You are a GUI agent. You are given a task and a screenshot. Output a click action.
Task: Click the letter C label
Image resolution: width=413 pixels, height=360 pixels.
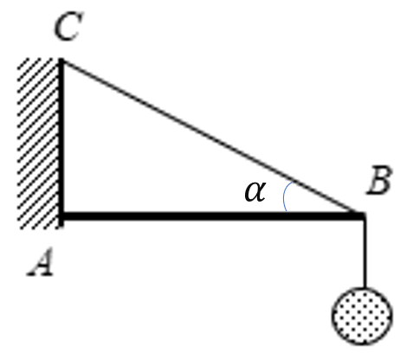click(x=68, y=26)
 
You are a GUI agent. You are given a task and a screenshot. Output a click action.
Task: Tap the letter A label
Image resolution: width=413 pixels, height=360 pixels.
click(x=41, y=261)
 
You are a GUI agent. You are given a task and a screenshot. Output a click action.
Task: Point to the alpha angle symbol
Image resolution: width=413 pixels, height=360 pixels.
click(x=255, y=191)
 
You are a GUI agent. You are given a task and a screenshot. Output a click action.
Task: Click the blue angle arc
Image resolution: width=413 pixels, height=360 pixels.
click(x=283, y=196)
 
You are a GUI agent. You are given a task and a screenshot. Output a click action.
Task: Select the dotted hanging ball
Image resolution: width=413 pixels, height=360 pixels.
click(x=362, y=316)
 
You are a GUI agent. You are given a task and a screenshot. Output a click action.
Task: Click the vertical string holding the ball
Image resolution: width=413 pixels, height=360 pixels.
click(x=365, y=254)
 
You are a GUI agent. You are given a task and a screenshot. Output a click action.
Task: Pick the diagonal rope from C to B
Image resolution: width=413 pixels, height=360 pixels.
click(x=212, y=137)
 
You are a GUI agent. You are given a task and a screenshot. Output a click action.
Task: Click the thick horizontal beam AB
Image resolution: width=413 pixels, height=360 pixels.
click(x=213, y=215)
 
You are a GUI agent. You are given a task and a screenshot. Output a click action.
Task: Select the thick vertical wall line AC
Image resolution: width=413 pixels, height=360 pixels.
click(x=61, y=143)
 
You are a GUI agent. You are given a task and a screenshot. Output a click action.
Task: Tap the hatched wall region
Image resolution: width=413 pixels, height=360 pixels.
click(x=38, y=144)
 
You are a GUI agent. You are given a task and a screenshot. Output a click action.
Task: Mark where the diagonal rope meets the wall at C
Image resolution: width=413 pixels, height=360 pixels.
click(x=61, y=61)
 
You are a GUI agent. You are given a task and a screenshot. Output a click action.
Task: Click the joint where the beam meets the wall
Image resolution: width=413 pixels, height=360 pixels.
click(x=61, y=215)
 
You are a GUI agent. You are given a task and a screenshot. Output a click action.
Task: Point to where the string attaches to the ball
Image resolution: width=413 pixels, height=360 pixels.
click(x=365, y=288)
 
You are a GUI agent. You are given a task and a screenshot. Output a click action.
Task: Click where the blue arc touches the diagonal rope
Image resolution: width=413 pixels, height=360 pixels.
click(x=293, y=183)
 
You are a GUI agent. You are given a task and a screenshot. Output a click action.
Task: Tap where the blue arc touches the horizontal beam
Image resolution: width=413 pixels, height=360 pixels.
click(x=286, y=211)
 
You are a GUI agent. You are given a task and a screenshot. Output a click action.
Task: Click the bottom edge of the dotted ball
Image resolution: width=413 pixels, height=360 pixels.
click(x=362, y=344)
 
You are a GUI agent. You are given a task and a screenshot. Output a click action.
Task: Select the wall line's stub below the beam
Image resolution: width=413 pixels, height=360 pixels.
click(x=61, y=224)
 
